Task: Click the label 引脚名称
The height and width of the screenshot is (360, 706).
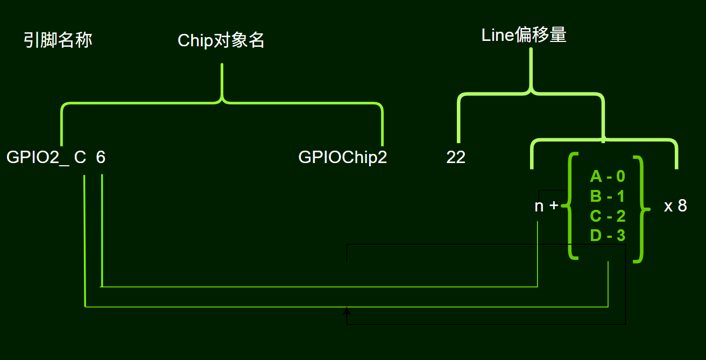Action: point(58,40)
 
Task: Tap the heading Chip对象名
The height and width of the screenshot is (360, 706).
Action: point(221,41)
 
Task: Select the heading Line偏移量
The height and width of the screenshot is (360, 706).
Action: point(524,36)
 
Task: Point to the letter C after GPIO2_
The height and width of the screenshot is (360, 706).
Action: point(80,158)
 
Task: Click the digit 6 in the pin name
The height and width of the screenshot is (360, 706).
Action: point(101,158)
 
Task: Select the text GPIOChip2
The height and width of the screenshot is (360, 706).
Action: point(342,158)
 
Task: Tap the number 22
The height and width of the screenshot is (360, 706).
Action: point(455,158)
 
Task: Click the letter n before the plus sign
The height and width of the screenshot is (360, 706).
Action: point(539,206)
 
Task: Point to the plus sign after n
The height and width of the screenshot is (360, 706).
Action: point(554,206)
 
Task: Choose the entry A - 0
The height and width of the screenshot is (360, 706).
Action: point(608,177)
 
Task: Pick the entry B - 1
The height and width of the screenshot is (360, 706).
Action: point(608,196)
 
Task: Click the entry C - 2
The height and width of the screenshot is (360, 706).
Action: point(608,216)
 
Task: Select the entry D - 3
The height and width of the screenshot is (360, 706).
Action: point(608,236)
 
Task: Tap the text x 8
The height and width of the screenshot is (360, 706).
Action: point(675,206)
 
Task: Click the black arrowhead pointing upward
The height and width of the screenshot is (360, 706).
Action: point(347,310)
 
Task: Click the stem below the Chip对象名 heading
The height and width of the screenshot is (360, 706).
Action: point(222,81)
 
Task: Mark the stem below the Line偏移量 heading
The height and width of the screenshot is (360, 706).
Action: point(532,67)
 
